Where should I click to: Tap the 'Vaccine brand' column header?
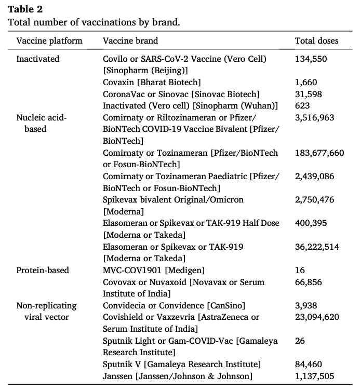(x=130, y=41)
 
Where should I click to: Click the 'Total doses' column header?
(x=316, y=41)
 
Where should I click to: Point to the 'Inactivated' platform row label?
(x=38, y=59)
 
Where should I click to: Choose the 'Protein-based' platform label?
(x=43, y=270)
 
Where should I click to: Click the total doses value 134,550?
(x=311, y=59)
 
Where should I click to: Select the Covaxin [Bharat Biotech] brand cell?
(x=152, y=82)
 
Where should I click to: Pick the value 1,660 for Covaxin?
(x=305, y=82)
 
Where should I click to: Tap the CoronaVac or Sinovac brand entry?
(x=181, y=94)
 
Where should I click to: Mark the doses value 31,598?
(x=308, y=94)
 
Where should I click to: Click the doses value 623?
(x=302, y=106)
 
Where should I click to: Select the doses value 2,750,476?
(x=314, y=199)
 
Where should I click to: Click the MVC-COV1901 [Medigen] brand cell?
(x=154, y=270)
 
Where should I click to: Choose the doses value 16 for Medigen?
(x=300, y=270)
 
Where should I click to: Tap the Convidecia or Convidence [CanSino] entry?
(x=174, y=305)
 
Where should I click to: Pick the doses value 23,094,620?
(x=317, y=317)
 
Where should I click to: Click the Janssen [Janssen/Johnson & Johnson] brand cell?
(x=178, y=376)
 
